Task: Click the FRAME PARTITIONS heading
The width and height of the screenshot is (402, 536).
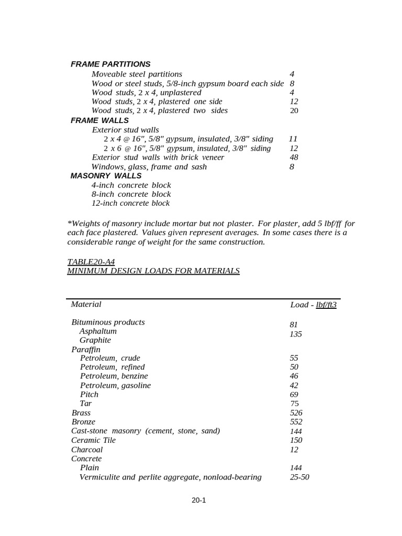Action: pyautogui.click(x=110, y=64)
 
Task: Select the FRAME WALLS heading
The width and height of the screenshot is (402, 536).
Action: pyautogui.click(x=99, y=120)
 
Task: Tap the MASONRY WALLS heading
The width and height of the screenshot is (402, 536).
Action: pyautogui.click(x=106, y=175)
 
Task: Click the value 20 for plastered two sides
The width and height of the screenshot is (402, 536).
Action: pyautogui.click(x=294, y=110)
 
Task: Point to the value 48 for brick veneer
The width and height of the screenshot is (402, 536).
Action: pyautogui.click(x=294, y=157)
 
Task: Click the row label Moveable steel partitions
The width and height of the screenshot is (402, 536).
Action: pyautogui.click(x=137, y=74)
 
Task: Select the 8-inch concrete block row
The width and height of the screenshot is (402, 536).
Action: pyautogui.click(x=131, y=194)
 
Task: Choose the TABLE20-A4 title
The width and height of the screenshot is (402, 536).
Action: pyautogui.click(x=91, y=261)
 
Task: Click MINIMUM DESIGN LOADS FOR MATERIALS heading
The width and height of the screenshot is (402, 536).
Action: pyautogui.click(x=153, y=271)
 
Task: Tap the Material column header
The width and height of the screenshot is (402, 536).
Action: pyautogui.click(x=86, y=304)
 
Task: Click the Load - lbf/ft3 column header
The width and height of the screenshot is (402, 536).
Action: pyautogui.click(x=313, y=305)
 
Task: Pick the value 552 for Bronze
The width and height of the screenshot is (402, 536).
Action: pyautogui.click(x=296, y=421)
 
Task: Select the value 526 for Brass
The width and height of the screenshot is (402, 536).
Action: pyautogui.click(x=296, y=412)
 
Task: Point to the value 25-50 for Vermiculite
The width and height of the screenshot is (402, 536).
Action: pyautogui.click(x=299, y=477)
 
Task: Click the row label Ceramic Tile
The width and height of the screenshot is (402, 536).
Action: pyautogui.click(x=93, y=440)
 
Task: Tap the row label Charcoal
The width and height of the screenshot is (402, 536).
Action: pyautogui.click(x=87, y=450)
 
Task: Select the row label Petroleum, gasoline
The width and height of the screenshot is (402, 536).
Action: pyautogui.click(x=115, y=385)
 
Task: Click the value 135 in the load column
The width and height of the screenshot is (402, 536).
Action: pyautogui.click(x=295, y=334)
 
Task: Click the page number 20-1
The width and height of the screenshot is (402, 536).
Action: pyautogui.click(x=198, y=500)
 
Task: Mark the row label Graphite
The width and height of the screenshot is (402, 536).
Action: pyautogui.click(x=95, y=340)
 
